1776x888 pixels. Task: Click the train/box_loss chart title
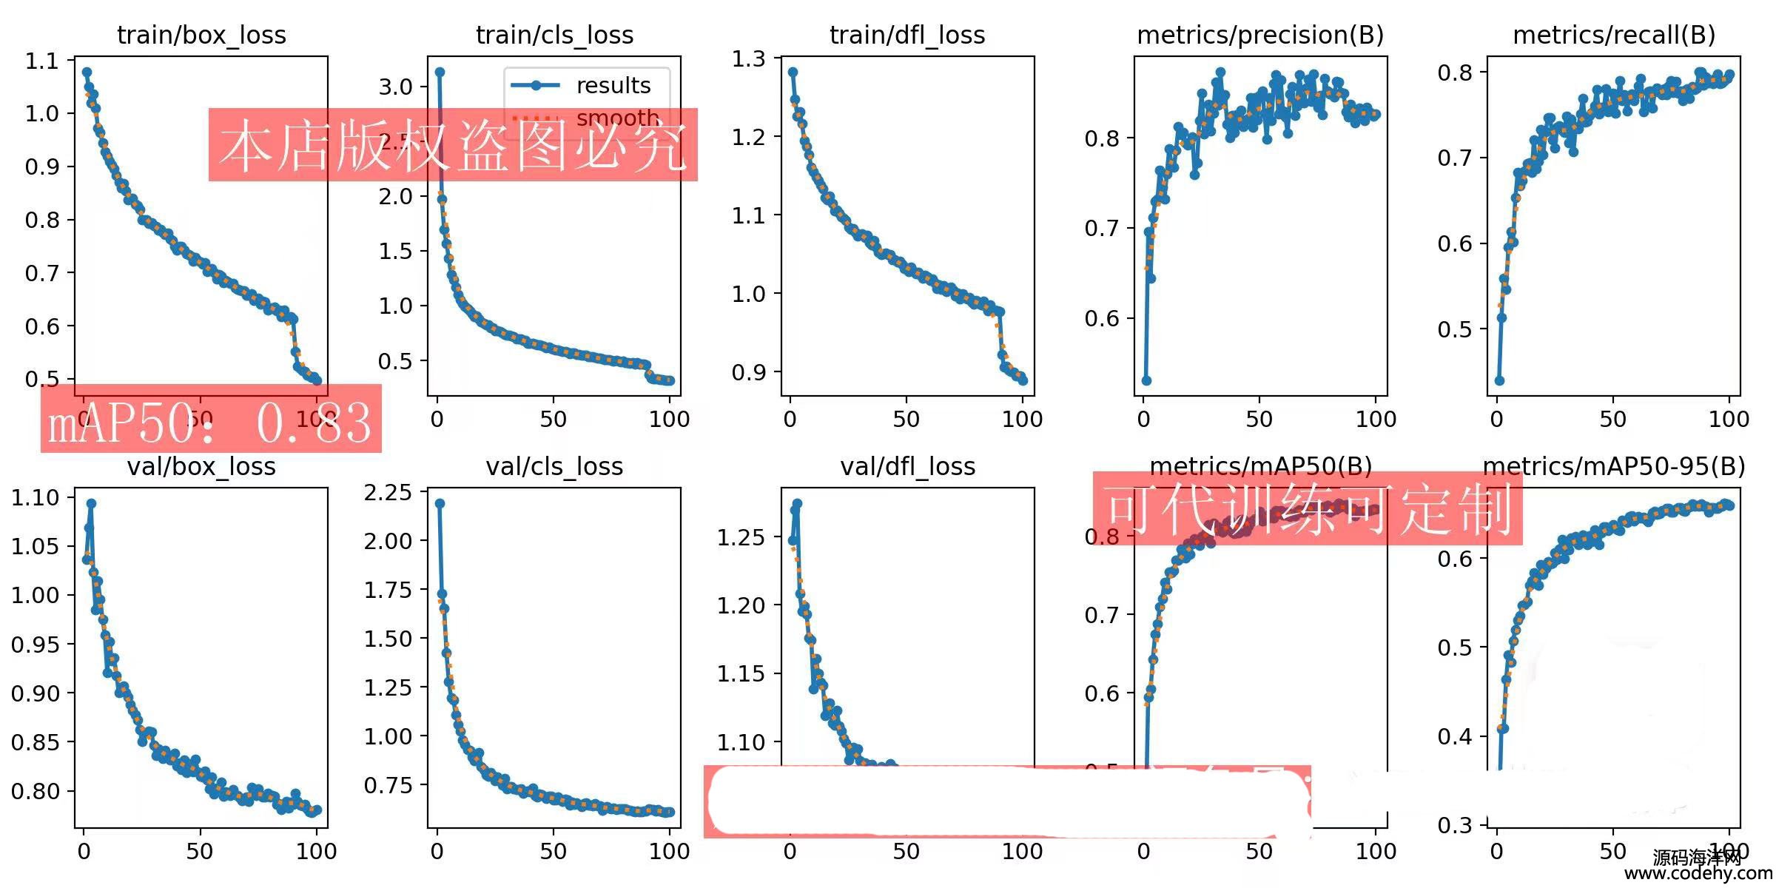(201, 35)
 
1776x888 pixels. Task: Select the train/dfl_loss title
(907, 35)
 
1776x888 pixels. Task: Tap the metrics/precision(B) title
(1260, 35)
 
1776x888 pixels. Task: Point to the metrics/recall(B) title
(1614, 35)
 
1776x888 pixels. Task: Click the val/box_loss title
(201, 467)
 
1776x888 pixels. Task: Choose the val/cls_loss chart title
(554, 467)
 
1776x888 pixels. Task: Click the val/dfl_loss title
(907, 467)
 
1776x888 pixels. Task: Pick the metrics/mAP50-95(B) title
(1614, 466)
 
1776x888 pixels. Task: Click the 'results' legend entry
(613, 85)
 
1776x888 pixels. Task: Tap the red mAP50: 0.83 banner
(211, 420)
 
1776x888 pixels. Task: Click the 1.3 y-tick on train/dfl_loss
(748, 58)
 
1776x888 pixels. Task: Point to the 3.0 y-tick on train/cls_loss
(395, 87)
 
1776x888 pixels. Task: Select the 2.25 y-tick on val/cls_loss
(388, 492)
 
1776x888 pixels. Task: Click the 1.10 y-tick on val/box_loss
(35, 497)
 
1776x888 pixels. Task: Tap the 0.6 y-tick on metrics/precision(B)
(1101, 318)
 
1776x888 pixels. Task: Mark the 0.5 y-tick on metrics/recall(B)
(1454, 329)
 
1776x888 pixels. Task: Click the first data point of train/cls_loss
(440, 73)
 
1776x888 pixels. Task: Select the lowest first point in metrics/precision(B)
(1146, 380)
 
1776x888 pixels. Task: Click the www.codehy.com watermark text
(1698, 873)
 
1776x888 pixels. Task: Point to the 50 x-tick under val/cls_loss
(553, 851)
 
